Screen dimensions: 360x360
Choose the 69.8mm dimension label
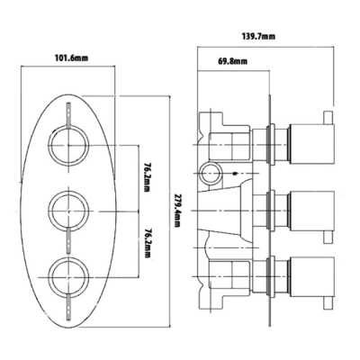pyautogui.click(x=232, y=61)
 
